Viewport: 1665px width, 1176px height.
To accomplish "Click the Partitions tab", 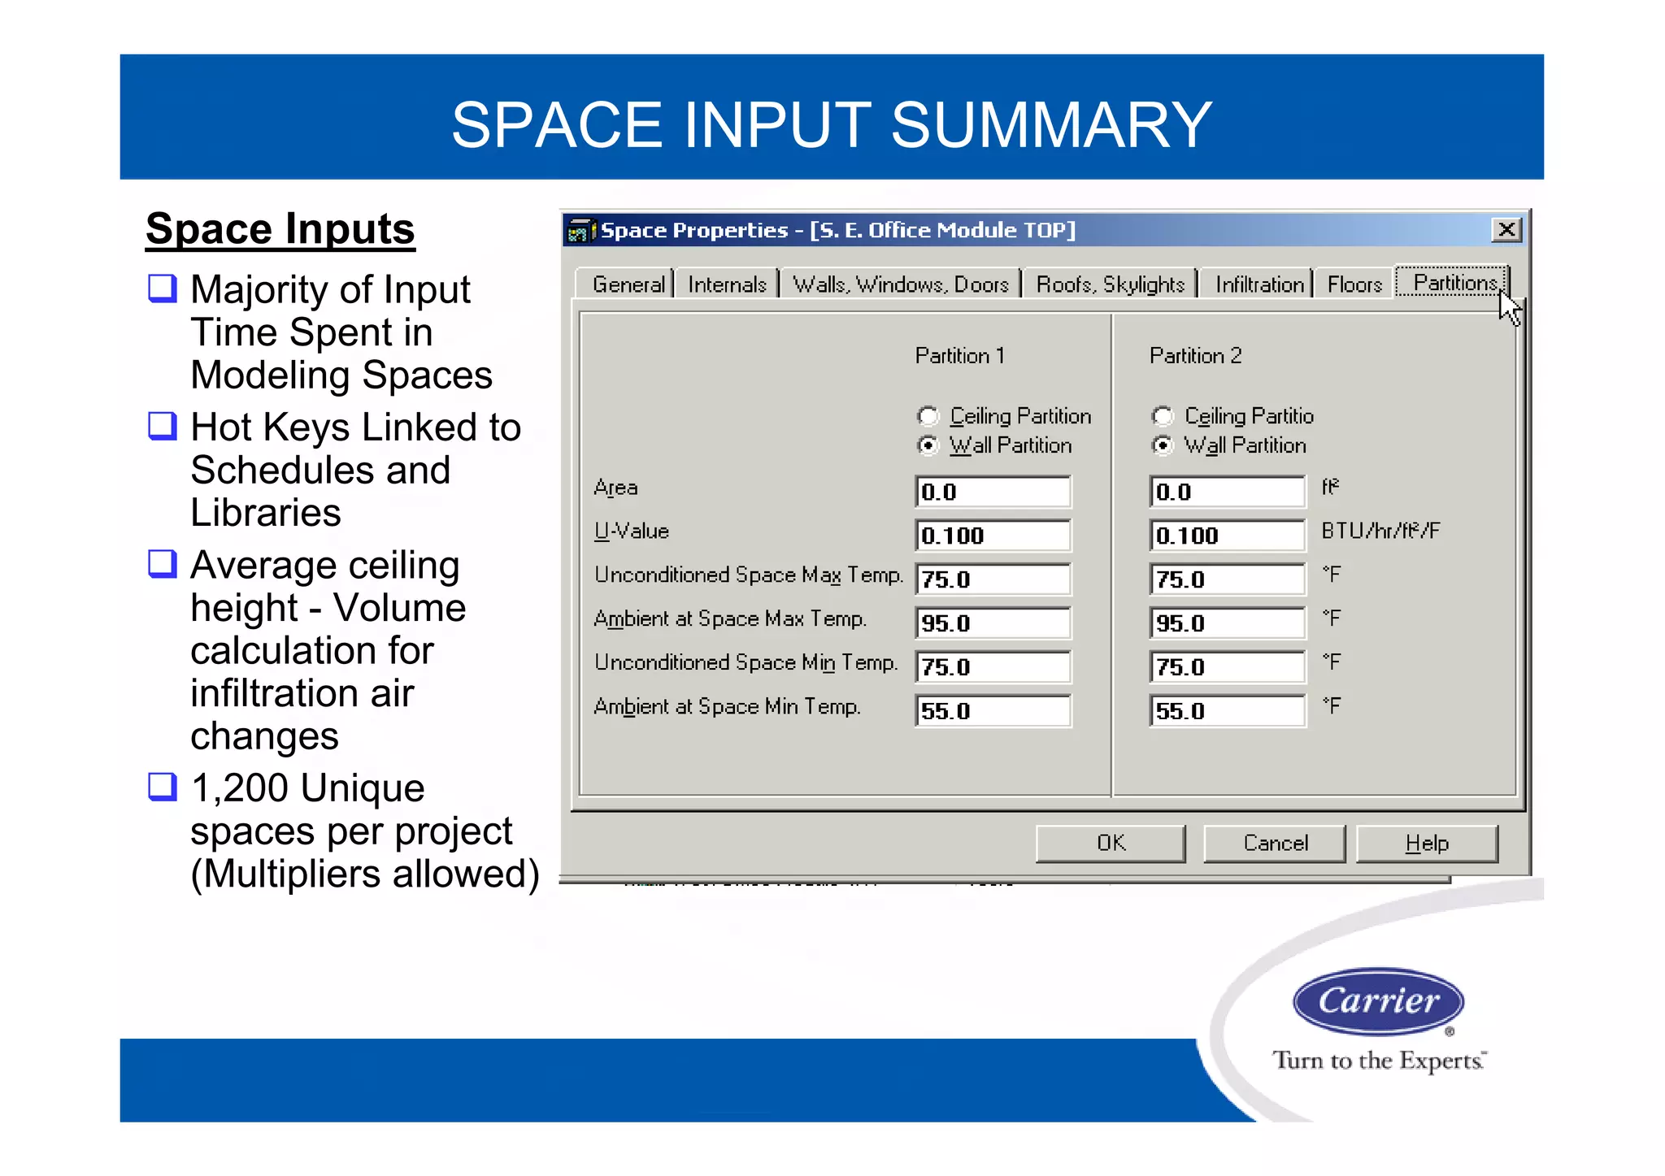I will click(x=1454, y=283).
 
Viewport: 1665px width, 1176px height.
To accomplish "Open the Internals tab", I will click(x=727, y=284).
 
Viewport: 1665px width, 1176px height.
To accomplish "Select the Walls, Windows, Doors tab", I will click(x=900, y=284).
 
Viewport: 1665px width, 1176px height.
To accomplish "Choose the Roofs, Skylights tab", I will click(x=1110, y=284).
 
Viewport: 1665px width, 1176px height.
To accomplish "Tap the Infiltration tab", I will click(x=1259, y=284).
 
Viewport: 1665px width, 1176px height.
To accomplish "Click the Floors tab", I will click(x=1354, y=284).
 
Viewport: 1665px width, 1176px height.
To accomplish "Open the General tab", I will click(x=628, y=284).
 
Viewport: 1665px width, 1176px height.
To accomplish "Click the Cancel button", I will click(x=1275, y=844).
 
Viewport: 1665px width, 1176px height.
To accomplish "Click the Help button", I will click(x=1427, y=844).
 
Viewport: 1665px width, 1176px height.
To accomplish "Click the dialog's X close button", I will click(x=1506, y=230).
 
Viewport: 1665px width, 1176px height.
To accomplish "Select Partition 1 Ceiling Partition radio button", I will click(x=928, y=416).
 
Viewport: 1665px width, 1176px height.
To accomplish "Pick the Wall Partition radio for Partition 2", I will click(x=1163, y=445).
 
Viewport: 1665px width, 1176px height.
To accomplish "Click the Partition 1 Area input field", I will click(x=993, y=492).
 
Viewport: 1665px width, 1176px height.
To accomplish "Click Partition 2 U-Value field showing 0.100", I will click(x=1227, y=536).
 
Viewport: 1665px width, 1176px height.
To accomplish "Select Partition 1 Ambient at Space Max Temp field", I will click(x=993, y=623).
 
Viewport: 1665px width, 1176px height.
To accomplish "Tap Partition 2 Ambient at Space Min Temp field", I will click(x=1227, y=711).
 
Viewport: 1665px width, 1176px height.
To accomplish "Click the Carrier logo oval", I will click(x=1379, y=1001).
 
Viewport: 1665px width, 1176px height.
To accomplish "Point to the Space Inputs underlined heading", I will click(x=280, y=229).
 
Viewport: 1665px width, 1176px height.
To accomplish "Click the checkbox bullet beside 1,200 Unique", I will click(x=163, y=787).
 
